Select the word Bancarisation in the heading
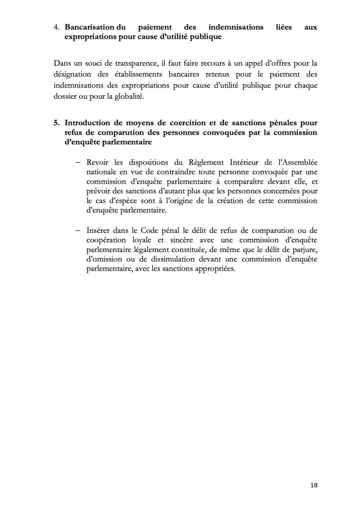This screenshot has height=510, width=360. coord(89,27)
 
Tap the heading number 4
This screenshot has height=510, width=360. coord(57,27)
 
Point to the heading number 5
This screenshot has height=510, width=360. coord(57,123)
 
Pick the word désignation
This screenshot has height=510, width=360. coord(71,75)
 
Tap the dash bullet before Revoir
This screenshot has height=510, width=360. coord(78,164)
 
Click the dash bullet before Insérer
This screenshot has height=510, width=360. coord(78,231)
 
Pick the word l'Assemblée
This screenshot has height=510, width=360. coord(295,164)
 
